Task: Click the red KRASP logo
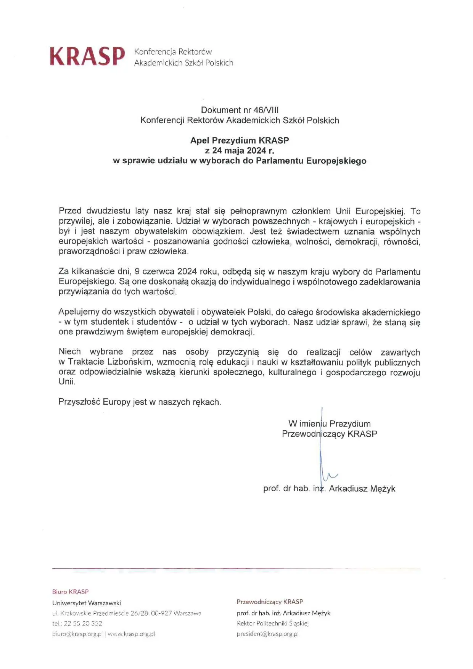[x=87, y=56]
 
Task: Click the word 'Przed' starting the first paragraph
[x=70, y=211]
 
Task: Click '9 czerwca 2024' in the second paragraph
[x=166, y=272]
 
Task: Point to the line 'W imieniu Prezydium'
[x=329, y=424]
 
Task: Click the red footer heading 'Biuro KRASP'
[x=70, y=592]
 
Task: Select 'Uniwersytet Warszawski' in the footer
[x=87, y=603]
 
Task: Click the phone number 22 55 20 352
[x=83, y=624]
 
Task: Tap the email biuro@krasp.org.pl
[x=77, y=634]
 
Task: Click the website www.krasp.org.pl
[x=131, y=634]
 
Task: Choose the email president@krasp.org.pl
[x=267, y=634]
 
